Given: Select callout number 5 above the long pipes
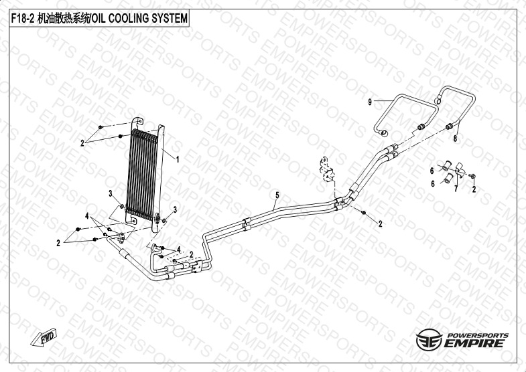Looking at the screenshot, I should [276, 195].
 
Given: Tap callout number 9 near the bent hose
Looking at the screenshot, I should [369, 102].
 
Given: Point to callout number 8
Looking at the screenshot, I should [455, 138].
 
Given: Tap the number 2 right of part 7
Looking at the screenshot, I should [474, 190].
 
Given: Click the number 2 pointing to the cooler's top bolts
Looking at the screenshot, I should [82, 143].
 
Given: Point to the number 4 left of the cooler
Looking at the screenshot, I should [87, 215].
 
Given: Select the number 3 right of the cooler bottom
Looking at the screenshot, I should [175, 210].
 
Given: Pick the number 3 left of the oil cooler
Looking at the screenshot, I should [111, 193].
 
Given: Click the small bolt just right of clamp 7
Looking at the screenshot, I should [472, 175].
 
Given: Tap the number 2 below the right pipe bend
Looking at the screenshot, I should [380, 223].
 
